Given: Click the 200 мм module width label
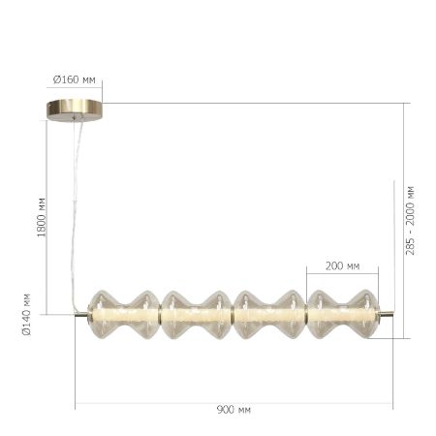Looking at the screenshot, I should click(x=341, y=265).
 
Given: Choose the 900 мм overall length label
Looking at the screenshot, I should click(x=234, y=411).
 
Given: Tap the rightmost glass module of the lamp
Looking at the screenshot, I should click(x=343, y=314).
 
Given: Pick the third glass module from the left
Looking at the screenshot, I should click(x=269, y=314).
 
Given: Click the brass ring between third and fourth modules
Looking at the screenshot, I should click(x=306, y=314).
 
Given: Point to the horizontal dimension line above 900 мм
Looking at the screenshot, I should click(x=234, y=401).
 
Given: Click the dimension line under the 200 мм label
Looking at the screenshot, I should click(x=341, y=275).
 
